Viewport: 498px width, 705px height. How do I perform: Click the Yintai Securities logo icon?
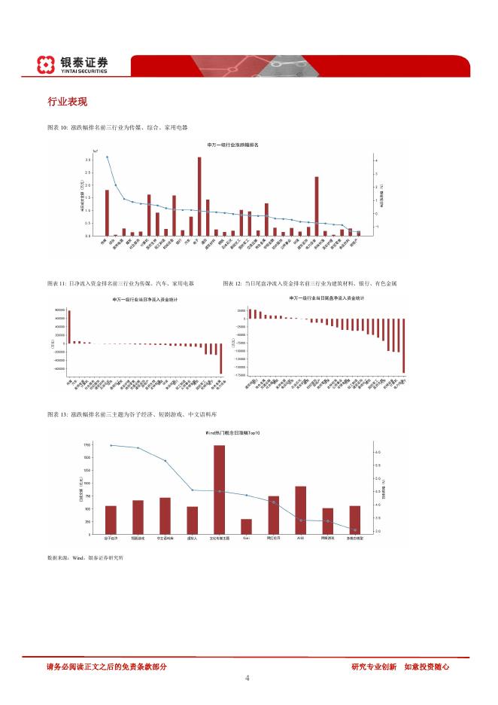click(47, 65)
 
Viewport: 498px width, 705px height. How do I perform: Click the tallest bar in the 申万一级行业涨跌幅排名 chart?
click(199, 196)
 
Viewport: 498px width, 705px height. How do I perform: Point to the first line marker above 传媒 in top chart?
click(107, 157)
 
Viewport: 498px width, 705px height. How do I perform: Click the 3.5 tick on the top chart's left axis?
click(88, 160)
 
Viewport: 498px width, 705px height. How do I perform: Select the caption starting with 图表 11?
click(120, 284)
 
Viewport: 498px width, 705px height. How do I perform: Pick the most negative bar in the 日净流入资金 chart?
click(221, 359)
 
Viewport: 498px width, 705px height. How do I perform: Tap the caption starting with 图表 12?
click(309, 284)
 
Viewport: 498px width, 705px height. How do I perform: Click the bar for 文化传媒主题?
click(219, 489)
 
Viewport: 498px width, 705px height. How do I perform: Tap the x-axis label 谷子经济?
click(111, 539)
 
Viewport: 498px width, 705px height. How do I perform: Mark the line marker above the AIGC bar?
click(301, 520)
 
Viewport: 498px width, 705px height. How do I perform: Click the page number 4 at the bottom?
click(247, 678)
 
